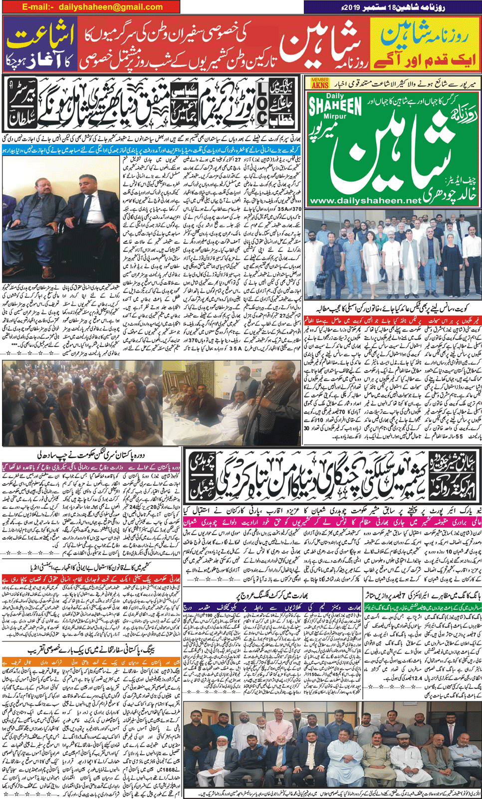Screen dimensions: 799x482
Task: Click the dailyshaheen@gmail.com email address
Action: point(110,7)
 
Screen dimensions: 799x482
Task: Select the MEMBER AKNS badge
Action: point(320,83)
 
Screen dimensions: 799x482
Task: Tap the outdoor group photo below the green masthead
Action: point(392,254)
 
